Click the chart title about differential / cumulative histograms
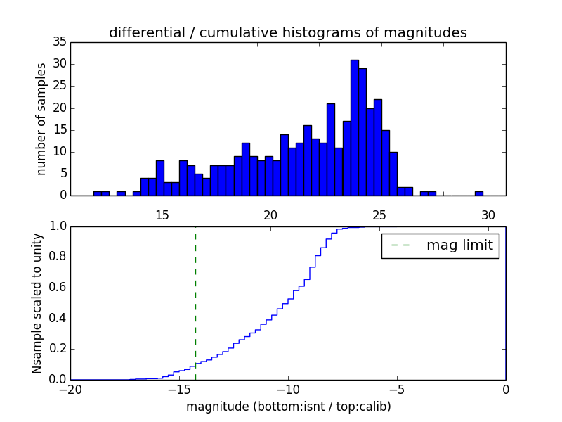(x=287, y=33)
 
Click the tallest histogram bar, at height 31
(x=355, y=127)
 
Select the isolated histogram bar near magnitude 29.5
(x=478, y=193)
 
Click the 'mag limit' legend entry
(x=440, y=245)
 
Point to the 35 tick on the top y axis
(x=59, y=42)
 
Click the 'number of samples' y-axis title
(x=42, y=119)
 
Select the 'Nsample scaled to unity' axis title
(x=37, y=303)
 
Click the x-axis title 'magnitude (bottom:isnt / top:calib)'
(x=288, y=407)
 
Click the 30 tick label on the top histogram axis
(x=489, y=215)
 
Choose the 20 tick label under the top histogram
(x=271, y=215)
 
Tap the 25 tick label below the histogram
(x=380, y=215)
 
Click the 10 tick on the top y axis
(x=59, y=152)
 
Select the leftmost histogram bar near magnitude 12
(x=98, y=193)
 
